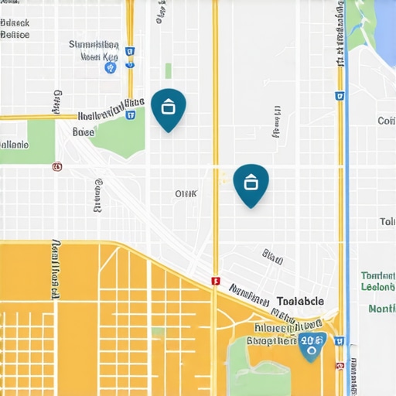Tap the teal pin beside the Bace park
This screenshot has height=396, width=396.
click(168, 108)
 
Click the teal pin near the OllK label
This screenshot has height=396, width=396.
click(251, 184)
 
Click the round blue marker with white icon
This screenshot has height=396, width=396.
click(110, 68)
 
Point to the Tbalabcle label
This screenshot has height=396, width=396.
click(300, 302)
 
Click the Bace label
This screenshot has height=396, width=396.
click(83, 132)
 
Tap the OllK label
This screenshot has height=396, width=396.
click(186, 193)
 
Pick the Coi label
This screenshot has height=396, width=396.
click(386, 121)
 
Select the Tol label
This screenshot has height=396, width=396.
click(387, 222)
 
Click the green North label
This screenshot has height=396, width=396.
click(382, 309)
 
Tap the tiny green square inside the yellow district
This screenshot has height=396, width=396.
click(158, 331)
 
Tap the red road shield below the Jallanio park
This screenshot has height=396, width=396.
click(56, 166)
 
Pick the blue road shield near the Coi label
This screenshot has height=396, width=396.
click(339, 96)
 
